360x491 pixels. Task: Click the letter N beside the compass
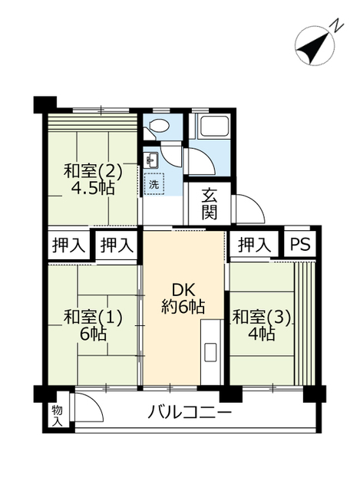[337, 25]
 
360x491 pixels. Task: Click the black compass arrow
[314, 46]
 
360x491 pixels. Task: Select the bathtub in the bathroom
[213, 124]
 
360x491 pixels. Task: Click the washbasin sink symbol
[152, 160]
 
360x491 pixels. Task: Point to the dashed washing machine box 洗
[154, 184]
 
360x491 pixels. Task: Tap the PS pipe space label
[300, 244]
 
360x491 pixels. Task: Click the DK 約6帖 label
[183, 298]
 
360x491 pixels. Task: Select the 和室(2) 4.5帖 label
[92, 180]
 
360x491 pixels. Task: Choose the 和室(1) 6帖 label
[92, 325]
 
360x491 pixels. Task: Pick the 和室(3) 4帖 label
[262, 325]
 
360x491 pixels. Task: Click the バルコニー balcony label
[190, 413]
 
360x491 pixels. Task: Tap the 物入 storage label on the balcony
[58, 416]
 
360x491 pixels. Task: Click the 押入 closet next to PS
[254, 244]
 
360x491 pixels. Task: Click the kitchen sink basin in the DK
[210, 352]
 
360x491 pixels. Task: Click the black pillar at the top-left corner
[45, 104]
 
